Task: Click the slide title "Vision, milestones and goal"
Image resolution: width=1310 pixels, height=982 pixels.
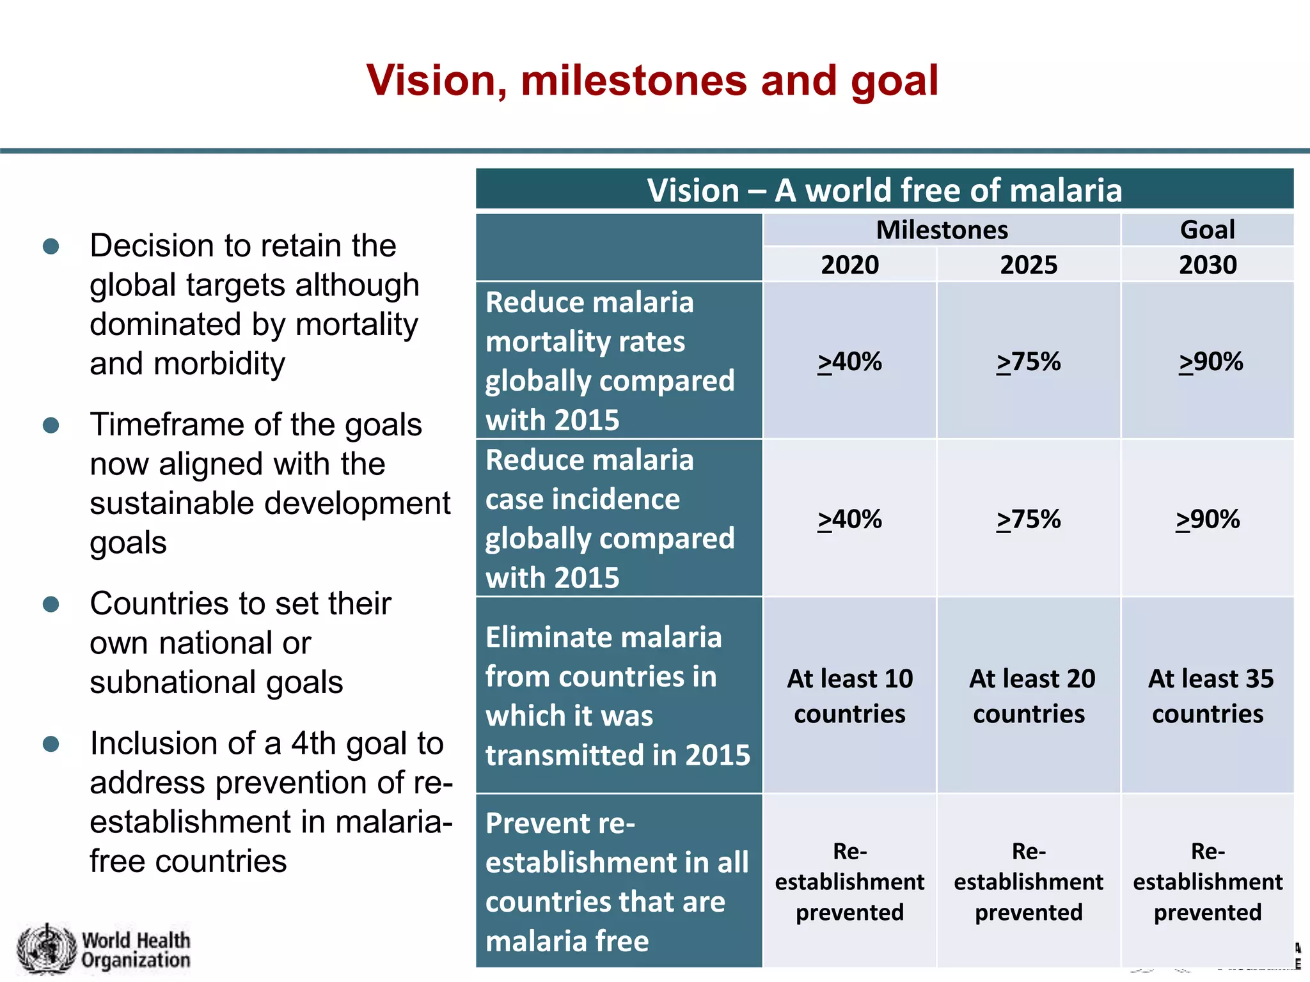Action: point(652,81)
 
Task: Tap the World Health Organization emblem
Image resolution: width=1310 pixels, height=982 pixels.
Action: point(46,949)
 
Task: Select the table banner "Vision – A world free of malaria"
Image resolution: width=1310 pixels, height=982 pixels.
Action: point(884,191)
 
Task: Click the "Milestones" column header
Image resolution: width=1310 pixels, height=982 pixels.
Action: point(942,230)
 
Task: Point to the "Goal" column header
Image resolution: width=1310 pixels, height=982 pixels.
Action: point(1207,230)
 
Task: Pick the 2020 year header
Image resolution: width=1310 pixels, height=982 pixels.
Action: point(849,265)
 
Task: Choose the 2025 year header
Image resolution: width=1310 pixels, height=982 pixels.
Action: point(1029,265)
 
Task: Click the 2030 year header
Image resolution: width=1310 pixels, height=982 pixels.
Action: point(1208,265)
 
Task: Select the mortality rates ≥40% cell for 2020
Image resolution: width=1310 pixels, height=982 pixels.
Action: point(849,362)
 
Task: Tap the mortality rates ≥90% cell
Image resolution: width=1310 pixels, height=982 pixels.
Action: point(1210,362)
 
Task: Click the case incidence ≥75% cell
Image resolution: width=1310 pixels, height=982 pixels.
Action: point(1029,519)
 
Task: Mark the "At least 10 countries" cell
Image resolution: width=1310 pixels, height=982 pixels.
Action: point(849,696)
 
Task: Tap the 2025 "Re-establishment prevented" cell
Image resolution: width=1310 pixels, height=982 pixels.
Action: point(1029,882)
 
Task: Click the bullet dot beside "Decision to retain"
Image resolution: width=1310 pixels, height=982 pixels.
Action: point(51,247)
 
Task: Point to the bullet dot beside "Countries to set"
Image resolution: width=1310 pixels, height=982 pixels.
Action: point(51,604)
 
